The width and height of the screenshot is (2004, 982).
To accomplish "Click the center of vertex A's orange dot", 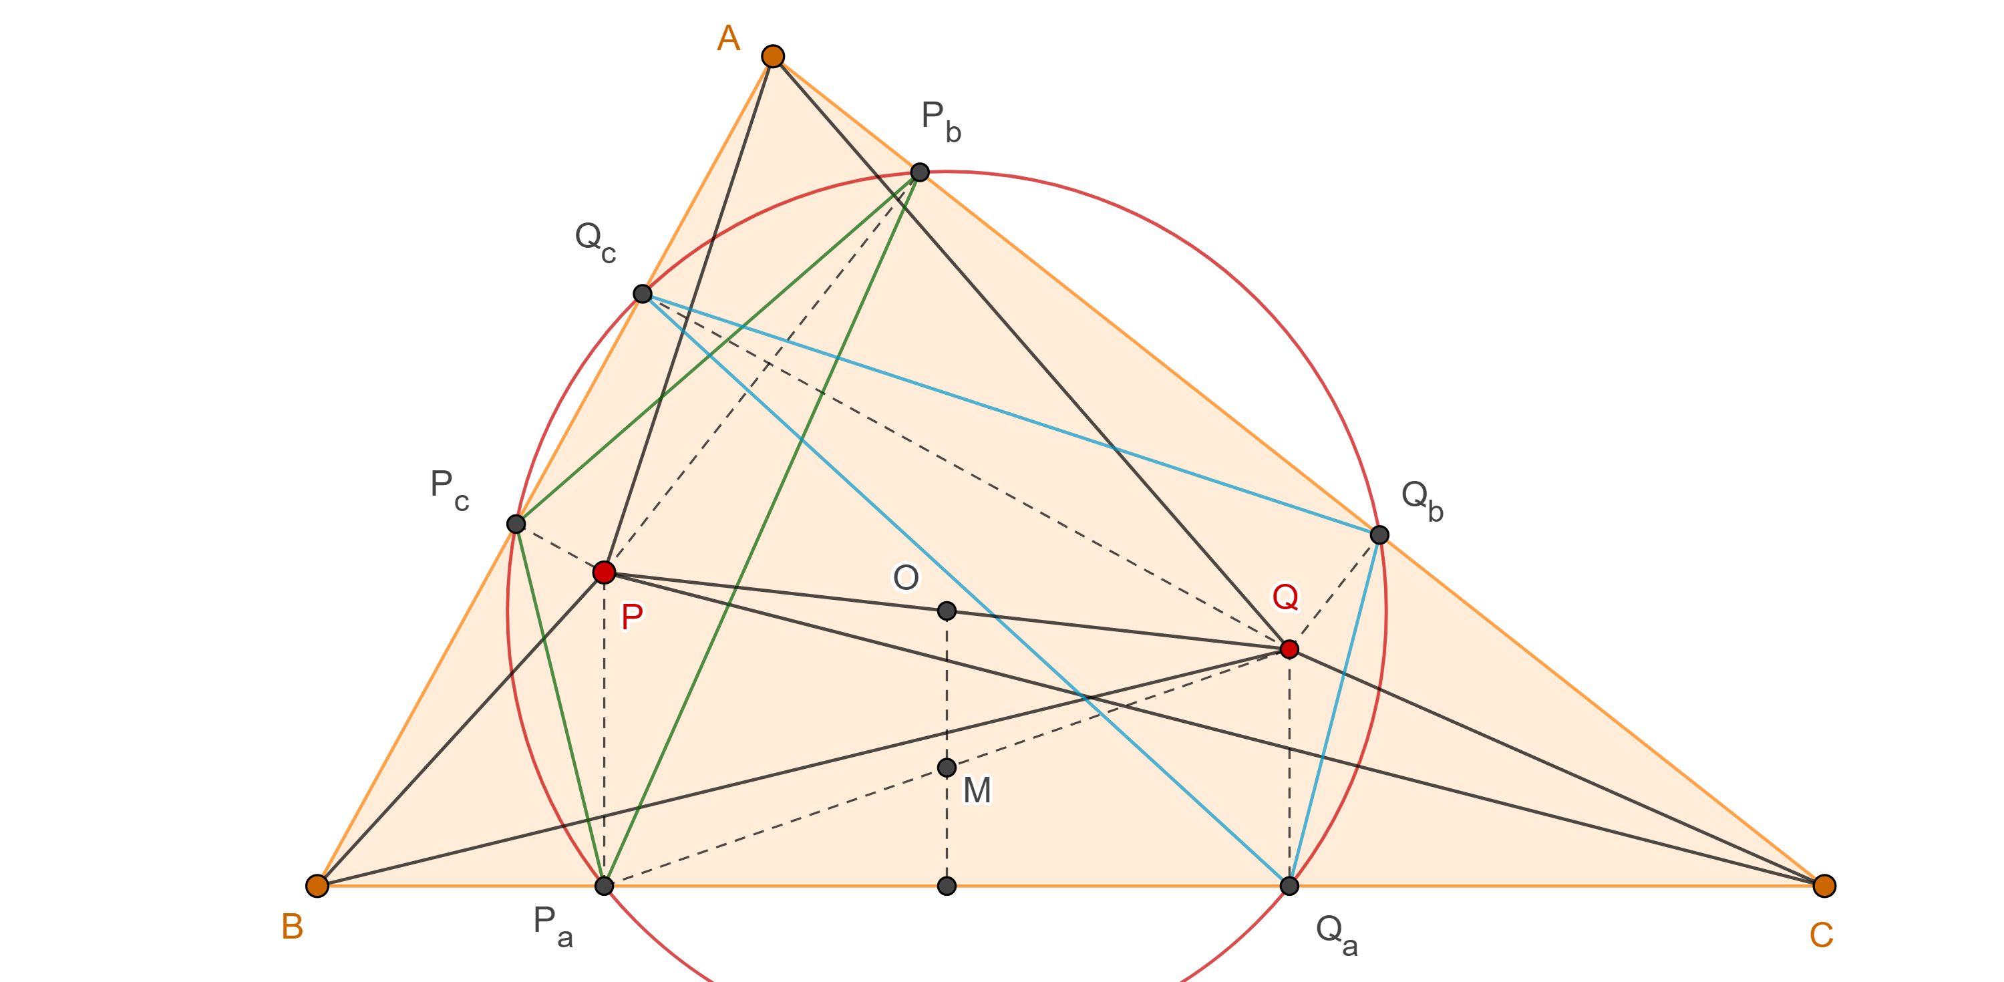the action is pos(772,56).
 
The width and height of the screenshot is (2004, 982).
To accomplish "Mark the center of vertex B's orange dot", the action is pos(317,886).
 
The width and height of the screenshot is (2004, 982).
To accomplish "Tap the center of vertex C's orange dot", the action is pos(1824,886).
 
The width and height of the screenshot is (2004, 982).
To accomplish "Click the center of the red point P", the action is pos(604,572).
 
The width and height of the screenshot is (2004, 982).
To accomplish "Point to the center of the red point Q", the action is pos(1289,649).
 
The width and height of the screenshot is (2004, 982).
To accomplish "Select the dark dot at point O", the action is pos(947,611).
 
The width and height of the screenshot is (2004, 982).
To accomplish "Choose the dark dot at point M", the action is pos(947,768).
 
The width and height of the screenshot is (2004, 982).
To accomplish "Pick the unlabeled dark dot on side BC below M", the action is pos(947,886).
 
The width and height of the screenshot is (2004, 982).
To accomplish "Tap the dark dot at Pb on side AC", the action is pos(920,172).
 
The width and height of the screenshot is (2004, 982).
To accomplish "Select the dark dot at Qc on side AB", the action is pos(642,293).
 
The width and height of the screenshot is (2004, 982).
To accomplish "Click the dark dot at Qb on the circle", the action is pos(1379,534).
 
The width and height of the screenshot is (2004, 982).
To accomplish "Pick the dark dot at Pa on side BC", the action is pos(604,886).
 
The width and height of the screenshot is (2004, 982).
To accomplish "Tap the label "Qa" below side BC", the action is pos(1337,934).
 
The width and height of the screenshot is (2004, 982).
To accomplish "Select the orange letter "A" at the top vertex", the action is pos(728,38).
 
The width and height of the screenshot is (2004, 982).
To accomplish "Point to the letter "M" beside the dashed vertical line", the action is pos(977,790).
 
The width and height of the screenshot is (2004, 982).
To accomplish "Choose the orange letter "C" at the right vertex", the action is pos(1822,935).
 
